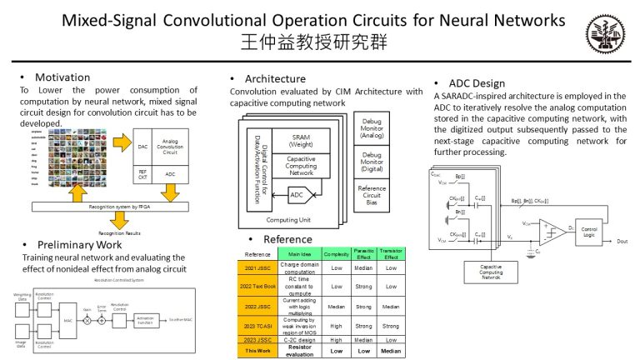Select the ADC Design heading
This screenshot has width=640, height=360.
click(477, 83)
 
